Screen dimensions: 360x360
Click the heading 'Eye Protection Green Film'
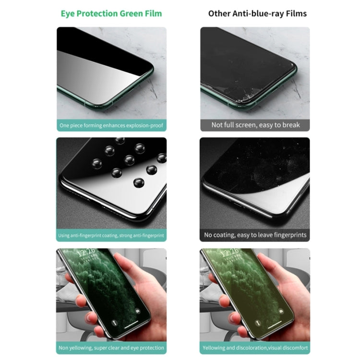(111, 13)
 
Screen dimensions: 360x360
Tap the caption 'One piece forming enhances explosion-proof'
(111, 126)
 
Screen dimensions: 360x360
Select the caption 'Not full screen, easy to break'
(255, 125)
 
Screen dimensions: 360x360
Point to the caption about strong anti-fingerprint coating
(111, 236)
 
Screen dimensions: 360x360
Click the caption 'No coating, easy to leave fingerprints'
(255, 235)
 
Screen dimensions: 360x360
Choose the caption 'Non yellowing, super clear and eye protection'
(111, 348)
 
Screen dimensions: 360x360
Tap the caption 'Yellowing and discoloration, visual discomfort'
(255, 348)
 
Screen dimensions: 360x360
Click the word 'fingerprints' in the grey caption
(288, 235)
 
